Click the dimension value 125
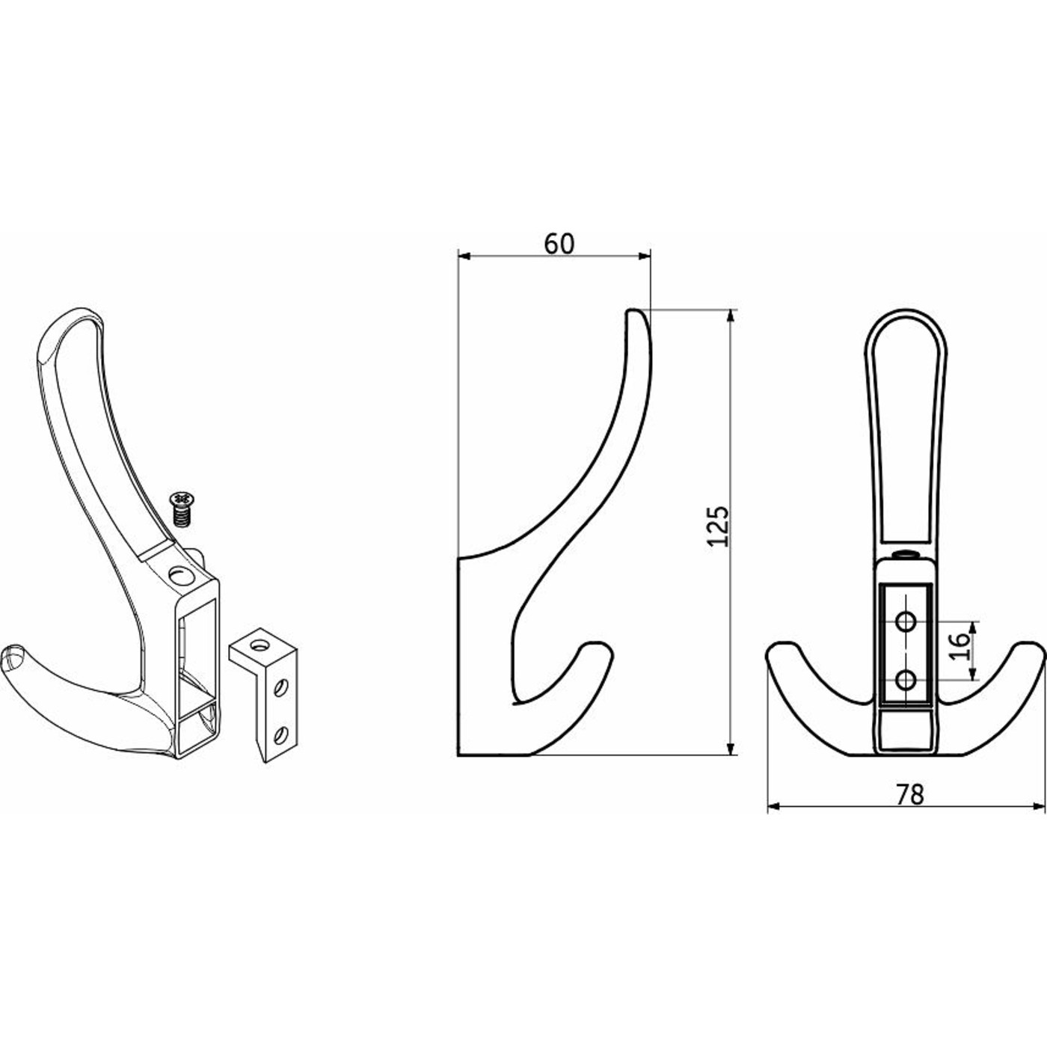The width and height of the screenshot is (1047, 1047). pos(718,526)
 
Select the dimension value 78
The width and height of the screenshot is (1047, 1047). pos(909,795)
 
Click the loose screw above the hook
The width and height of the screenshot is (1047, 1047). pos(182,509)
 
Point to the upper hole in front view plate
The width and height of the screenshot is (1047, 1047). pos(906,621)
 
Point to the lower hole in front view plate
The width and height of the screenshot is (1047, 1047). pos(906,680)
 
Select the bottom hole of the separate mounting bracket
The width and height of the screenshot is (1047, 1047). pos(281,735)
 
